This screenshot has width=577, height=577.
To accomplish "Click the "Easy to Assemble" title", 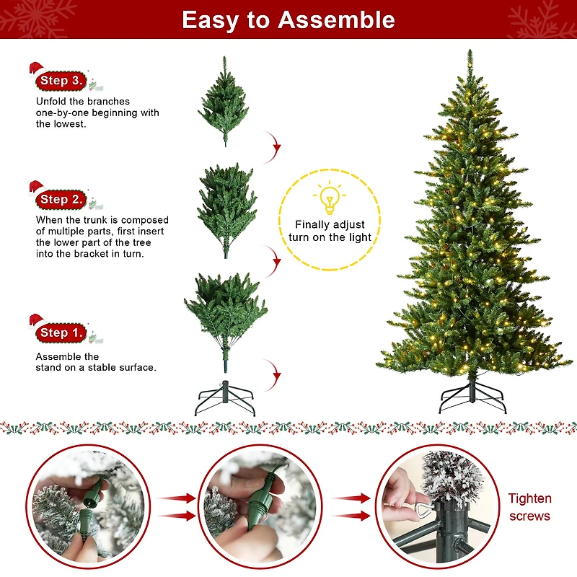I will point(288,19).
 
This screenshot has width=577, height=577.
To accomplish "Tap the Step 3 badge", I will point(62,80).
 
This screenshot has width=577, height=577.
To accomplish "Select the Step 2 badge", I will point(62,199).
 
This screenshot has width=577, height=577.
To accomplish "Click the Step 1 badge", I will point(62,332).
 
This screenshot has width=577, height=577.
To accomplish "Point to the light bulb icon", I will point(330,198).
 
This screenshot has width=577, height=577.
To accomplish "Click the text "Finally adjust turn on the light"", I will point(330,231).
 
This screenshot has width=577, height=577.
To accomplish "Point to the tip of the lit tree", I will point(470,52).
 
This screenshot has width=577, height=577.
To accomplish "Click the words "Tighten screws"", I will point(529,507).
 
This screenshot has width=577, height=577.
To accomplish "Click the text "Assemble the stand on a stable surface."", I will point(95,362).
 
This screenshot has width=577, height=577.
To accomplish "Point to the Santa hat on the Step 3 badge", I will point(36,70).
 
